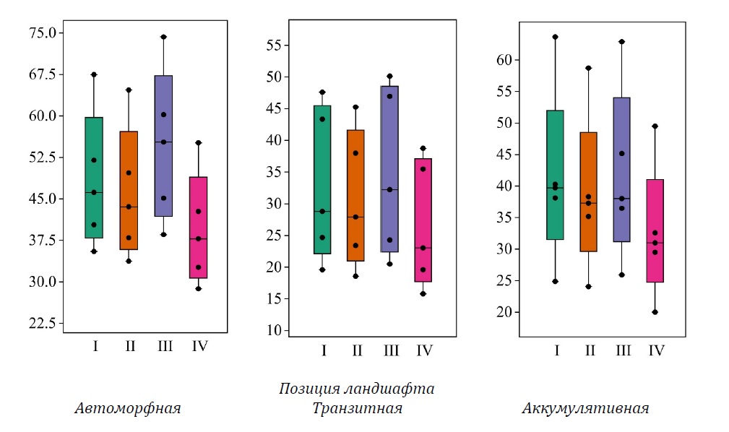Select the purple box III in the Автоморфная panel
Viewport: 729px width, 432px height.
[x=163, y=145]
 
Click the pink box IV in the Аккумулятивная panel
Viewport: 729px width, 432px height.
[x=655, y=230]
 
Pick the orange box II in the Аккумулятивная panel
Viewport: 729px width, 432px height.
[x=589, y=191]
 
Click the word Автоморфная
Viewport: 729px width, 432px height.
[x=127, y=409]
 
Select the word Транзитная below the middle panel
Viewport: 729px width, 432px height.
[x=357, y=409]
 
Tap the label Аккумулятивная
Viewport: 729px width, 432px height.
[x=585, y=409]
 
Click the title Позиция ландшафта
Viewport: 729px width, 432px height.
[x=357, y=389]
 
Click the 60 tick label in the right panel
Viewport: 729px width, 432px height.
[x=508, y=60]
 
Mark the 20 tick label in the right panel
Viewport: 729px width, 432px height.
[x=508, y=312]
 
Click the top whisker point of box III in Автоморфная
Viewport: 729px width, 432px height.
[x=163, y=37]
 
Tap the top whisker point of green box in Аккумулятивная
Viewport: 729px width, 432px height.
[x=556, y=37]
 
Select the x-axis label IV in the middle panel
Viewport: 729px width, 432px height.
[x=425, y=351]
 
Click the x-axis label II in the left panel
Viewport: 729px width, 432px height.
[x=130, y=346]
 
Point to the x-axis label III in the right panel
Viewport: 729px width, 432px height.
[x=623, y=351]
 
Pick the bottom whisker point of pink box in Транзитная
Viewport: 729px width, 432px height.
[x=423, y=294]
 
